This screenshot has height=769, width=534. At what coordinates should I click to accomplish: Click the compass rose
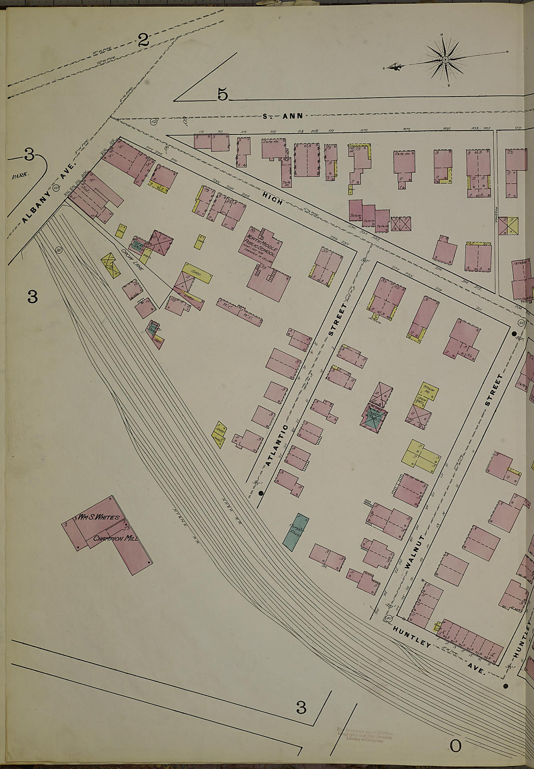pyautogui.click(x=445, y=60)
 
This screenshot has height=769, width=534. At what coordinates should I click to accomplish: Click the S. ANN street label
pyautogui.click(x=283, y=116)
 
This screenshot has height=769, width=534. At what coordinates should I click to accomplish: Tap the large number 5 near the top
pyautogui.click(x=222, y=95)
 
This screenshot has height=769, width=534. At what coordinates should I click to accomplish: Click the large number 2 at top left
pyautogui.click(x=143, y=40)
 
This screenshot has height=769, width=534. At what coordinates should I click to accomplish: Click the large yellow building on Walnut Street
pyautogui.click(x=420, y=453)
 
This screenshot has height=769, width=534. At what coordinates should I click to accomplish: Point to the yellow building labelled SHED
pyautogui.click(x=196, y=273)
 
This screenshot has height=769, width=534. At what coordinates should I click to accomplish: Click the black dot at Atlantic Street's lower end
pyautogui.click(x=261, y=493)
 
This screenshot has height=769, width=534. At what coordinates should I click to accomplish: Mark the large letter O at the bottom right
pyautogui.click(x=455, y=746)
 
